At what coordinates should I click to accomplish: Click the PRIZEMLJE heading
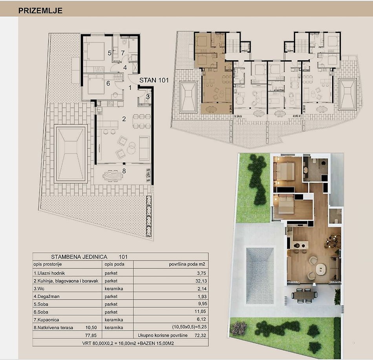click(40, 11)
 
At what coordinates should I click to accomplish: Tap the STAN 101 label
click(154, 80)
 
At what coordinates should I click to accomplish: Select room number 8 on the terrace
click(124, 171)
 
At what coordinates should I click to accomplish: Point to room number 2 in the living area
click(124, 119)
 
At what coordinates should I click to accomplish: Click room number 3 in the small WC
click(148, 97)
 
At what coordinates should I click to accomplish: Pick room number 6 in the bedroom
click(108, 84)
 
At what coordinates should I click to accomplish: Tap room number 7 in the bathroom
click(123, 53)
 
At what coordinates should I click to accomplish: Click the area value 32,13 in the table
click(201, 281)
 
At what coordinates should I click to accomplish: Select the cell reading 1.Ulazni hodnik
click(49, 273)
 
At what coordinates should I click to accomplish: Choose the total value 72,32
click(201, 335)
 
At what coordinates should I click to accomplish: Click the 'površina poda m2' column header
click(187, 264)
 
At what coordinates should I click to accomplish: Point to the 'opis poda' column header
click(114, 264)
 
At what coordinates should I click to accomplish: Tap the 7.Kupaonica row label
click(46, 320)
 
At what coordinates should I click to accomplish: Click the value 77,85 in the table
click(91, 335)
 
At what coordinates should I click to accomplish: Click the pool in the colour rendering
click(260, 276)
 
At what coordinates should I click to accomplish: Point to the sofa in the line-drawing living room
click(144, 148)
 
